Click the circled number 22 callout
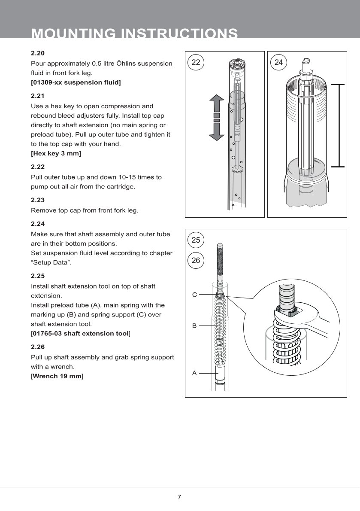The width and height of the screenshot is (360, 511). pos(196,63)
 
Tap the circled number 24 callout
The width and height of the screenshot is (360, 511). pos(278,63)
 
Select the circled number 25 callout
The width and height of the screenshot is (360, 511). pos(196,240)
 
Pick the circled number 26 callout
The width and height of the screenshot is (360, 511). pos(196,260)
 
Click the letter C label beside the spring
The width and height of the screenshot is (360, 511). pos(194,295)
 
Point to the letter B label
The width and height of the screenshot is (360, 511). pos(194,326)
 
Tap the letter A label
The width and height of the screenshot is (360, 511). pos(194,373)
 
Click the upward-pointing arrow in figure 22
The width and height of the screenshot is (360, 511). pos(217,103)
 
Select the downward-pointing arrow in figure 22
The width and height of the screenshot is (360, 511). pos(217,131)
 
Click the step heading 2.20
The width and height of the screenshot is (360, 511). pos(38,54)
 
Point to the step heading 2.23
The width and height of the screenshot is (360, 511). pos(38,200)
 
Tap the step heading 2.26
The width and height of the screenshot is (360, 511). pos(38,347)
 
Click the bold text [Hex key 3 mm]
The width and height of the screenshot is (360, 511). pos(56,153)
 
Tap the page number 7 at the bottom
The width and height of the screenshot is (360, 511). pos(179,497)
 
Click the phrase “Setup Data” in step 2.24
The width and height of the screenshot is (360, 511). pos(51,262)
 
